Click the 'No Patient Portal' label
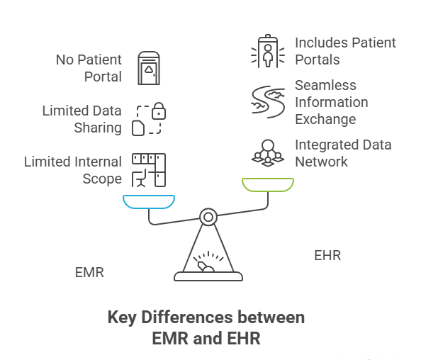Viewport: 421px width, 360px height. (89, 68)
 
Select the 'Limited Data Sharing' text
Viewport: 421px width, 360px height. (82, 119)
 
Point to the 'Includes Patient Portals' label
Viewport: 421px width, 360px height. (345, 51)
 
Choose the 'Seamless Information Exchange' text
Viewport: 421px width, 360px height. (331, 102)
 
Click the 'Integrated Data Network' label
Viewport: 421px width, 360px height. (343, 153)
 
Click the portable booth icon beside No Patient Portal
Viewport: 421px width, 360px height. (149, 68)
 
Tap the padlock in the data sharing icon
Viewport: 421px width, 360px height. (159, 111)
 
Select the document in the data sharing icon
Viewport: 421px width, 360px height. (140, 128)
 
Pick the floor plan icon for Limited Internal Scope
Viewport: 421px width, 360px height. (149, 170)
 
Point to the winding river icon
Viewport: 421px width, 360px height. (267, 101)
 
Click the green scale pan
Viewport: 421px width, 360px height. (267, 185)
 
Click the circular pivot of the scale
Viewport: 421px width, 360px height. (208, 216)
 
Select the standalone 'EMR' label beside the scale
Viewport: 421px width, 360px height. (89, 272)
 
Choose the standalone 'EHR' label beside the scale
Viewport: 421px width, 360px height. (327, 255)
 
